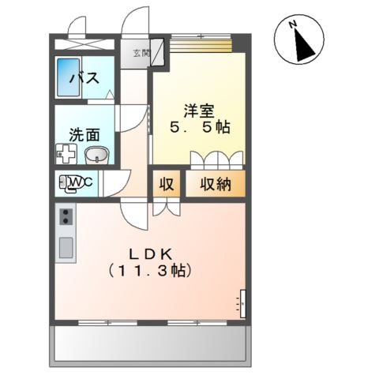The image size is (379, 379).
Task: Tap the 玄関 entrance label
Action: coord(139,53)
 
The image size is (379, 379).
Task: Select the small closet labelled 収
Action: coord(167,184)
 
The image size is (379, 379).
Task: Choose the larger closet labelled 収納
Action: coord(215,184)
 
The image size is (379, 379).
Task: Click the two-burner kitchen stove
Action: coord(65,216)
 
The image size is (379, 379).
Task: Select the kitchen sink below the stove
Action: coord(65,250)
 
